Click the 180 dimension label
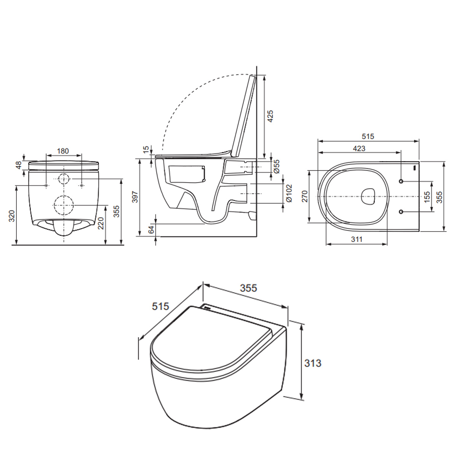pos(63,151)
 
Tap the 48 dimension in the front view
pos(19,165)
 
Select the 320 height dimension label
pos(12,216)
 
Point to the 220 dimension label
pos(101,223)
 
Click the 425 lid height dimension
pos(270,116)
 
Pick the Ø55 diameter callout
pos(277,166)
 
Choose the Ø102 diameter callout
pos(289,193)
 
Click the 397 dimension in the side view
pos(135,197)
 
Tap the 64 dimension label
pos(151,229)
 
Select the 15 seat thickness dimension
pos(146,149)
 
